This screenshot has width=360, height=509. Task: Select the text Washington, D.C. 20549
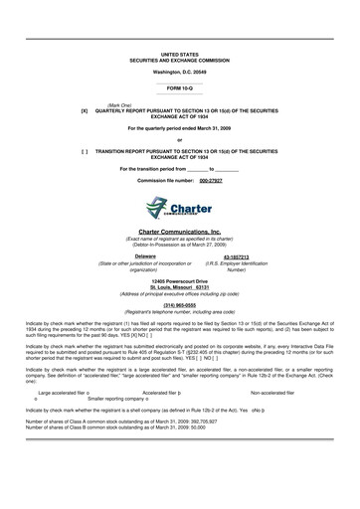click(x=179, y=73)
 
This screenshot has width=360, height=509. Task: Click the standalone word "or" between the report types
click(x=179, y=140)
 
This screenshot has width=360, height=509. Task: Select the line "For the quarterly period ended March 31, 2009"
click(x=179, y=129)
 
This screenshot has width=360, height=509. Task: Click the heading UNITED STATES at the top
click(x=179, y=54)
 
